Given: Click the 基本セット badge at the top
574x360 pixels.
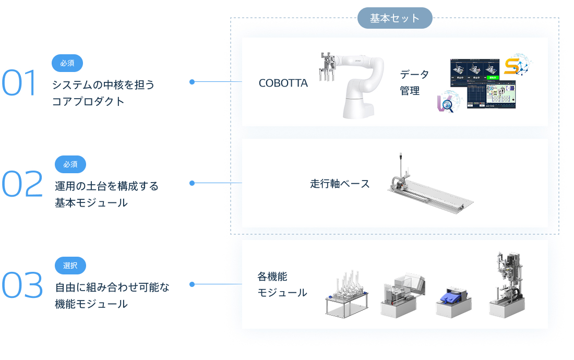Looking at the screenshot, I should click(x=394, y=18).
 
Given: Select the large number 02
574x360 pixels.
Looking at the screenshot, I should click(x=22, y=185).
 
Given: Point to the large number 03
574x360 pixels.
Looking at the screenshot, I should click(x=22, y=285).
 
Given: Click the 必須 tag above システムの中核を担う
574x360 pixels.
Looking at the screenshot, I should click(x=67, y=63).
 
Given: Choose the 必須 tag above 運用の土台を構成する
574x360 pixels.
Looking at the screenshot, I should click(x=70, y=164).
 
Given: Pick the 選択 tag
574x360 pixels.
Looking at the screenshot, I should click(x=70, y=266).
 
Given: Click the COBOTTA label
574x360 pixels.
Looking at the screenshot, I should click(x=283, y=83).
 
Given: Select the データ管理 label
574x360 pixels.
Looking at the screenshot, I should click(x=414, y=82).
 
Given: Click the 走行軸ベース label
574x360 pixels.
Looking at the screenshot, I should click(x=340, y=184).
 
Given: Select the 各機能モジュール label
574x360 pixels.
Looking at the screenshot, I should click(x=282, y=285).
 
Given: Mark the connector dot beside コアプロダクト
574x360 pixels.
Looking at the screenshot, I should click(x=192, y=82).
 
